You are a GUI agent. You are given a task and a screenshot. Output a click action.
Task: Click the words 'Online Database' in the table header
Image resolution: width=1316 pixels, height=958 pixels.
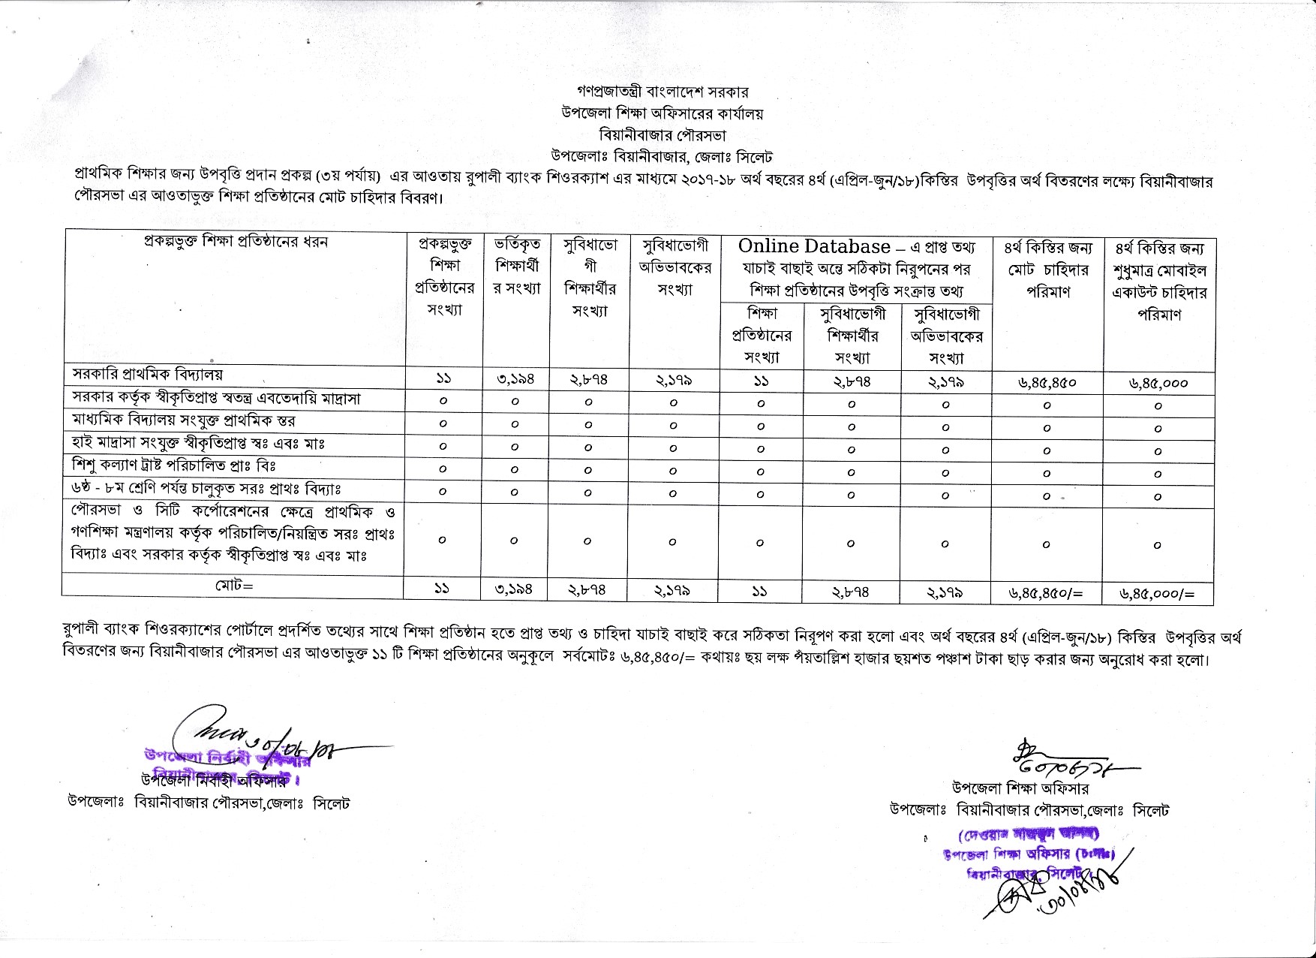click(814, 246)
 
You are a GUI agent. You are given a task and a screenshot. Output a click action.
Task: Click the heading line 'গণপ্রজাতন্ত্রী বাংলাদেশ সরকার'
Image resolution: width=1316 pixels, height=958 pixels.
click(658, 92)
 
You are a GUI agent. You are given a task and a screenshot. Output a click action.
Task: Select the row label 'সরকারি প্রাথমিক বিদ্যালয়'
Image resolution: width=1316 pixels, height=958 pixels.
click(148, 374)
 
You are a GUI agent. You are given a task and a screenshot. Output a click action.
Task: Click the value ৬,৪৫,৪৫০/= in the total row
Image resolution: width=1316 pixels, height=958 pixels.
click(1047, 593)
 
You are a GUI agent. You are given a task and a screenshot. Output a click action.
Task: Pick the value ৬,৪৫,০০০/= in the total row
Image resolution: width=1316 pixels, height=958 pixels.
click(1157, 594)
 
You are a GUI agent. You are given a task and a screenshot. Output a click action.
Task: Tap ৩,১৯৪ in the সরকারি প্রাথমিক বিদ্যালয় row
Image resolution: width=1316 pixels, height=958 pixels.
click(515, 380)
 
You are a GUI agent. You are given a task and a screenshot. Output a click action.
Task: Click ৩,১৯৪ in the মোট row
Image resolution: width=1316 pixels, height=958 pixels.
click(514, 590)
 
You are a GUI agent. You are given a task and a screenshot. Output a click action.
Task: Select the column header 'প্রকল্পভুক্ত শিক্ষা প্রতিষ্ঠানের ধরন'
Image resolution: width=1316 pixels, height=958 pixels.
click(236, 243)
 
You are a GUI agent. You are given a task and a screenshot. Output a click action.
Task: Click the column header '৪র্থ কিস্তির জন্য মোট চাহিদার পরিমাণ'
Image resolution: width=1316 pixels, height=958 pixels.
click(1047, 269)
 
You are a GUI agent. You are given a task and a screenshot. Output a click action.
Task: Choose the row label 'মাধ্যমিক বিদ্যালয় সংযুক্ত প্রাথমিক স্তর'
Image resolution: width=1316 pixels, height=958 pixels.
click(184, 420)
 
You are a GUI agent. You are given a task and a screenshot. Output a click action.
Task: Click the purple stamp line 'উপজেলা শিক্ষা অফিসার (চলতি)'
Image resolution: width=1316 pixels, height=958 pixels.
click(1029, 854)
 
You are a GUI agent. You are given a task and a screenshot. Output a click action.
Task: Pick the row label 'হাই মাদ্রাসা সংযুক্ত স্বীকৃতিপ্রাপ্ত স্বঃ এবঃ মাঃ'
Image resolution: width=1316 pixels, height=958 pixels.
click(199, 443)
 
